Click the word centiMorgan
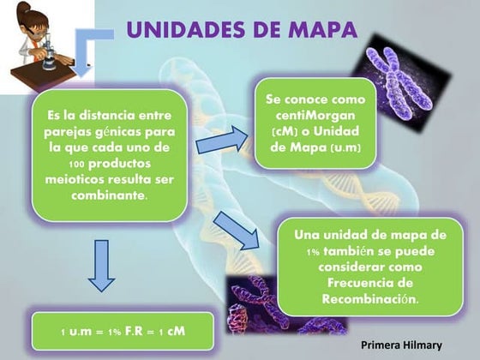316,116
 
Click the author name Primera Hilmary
401,345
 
